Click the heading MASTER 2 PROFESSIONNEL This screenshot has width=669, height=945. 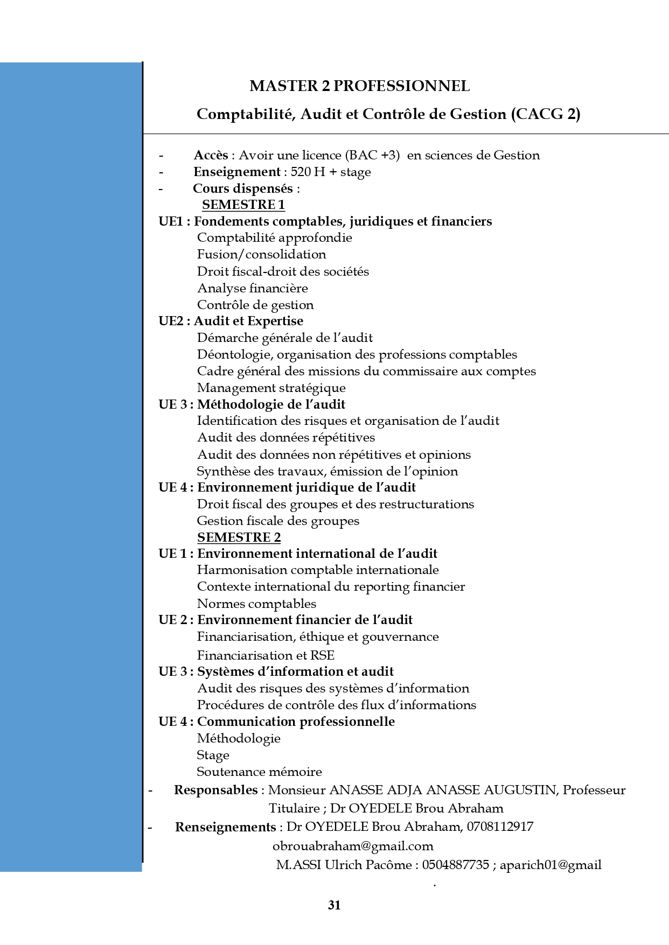359,86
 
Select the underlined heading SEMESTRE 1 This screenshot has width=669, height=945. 243,205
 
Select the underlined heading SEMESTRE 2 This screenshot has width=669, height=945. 239,537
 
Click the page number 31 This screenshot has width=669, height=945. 334,905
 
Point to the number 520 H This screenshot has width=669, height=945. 308,172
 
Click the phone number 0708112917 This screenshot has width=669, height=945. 500,827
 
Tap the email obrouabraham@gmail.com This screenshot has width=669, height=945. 353,846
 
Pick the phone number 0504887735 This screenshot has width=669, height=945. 455,865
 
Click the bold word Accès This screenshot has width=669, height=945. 211,156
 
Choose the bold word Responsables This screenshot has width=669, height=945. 215,790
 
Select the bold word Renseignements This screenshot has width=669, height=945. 225,827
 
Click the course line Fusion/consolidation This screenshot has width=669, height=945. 261,255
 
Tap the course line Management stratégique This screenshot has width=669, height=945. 271,388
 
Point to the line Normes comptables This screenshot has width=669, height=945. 256,604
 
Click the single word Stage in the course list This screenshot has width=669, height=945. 213,755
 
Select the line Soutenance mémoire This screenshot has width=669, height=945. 259,772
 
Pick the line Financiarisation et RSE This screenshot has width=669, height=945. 266,655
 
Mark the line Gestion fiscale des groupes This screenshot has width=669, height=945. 278,521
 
